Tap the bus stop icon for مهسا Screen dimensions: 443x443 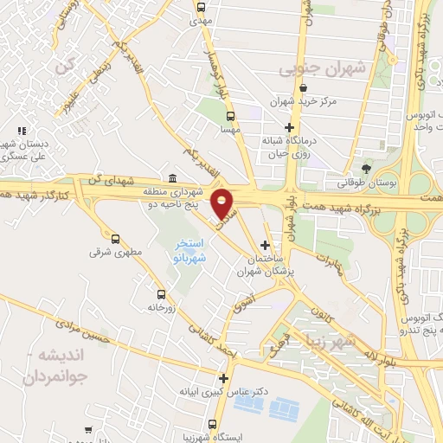tap(229, 115)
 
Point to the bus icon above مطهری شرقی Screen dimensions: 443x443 tap(115, 237)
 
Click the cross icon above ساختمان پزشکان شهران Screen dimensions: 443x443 tap(265, 245)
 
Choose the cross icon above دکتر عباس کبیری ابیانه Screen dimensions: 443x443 tap(224, 378)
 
